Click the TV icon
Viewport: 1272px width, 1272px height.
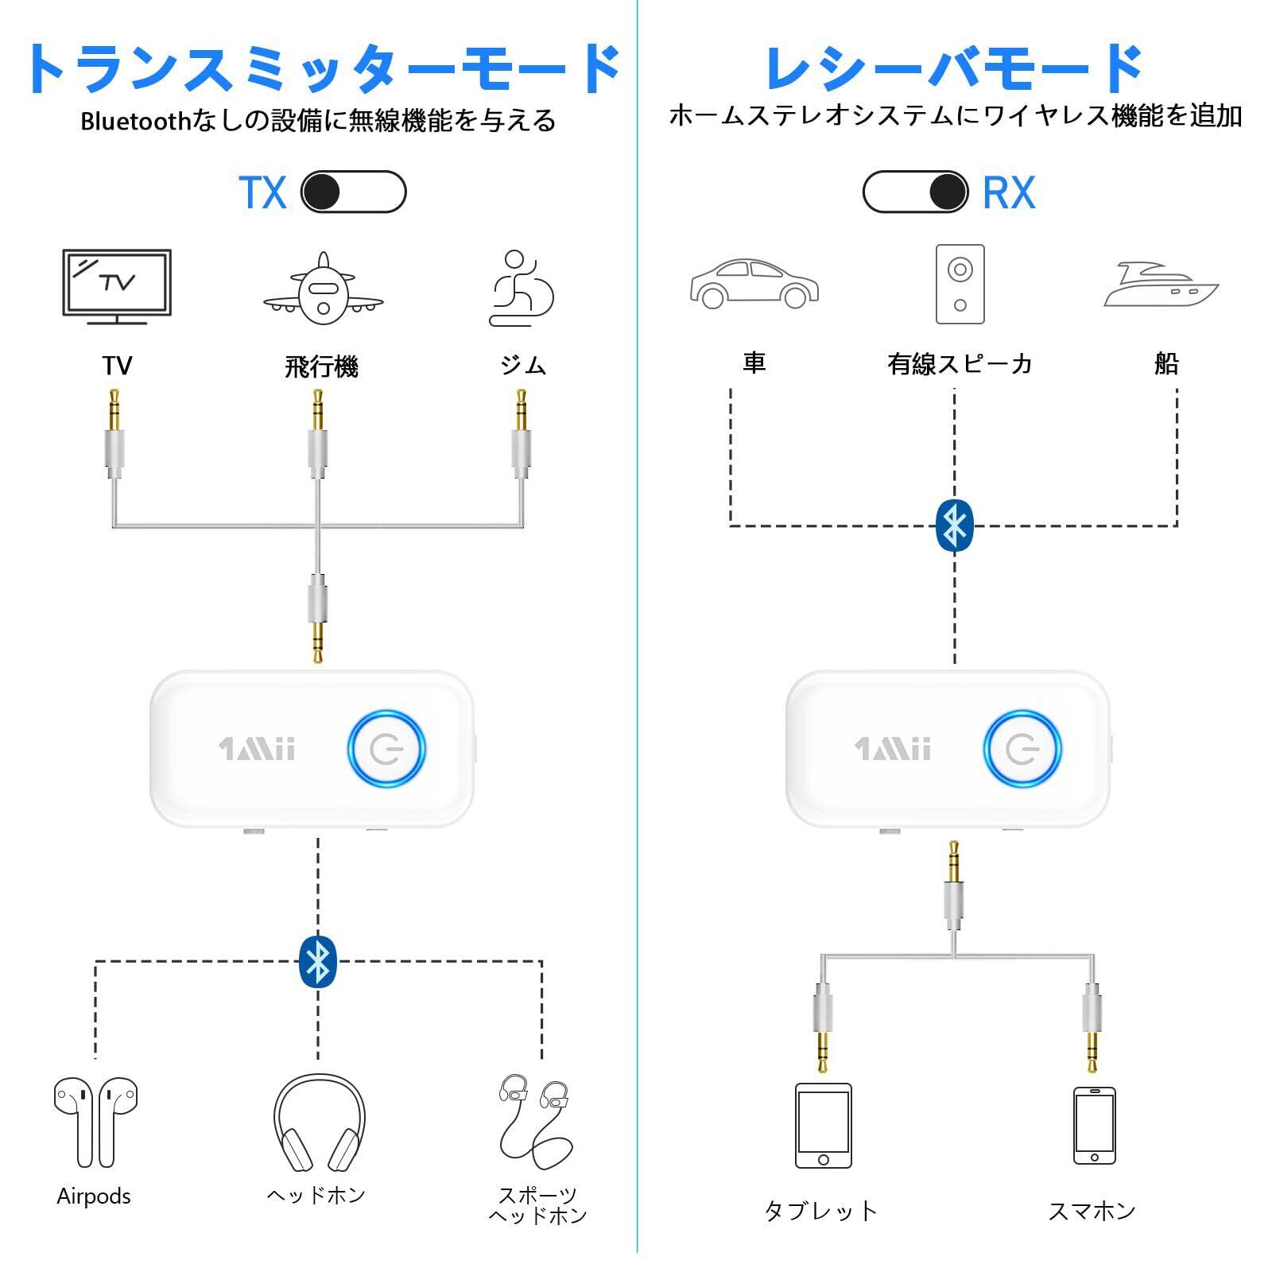click(117, 286)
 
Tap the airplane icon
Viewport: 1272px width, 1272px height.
click(323, 290)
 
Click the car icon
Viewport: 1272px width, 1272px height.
click(754, 284)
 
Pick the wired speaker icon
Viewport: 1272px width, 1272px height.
click(960, 284)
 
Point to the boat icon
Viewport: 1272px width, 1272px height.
click(1161, 285)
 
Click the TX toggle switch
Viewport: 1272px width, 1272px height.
click(353, 192)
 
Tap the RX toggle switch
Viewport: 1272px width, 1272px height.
click(915, 192)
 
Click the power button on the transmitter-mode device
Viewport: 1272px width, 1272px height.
click(386, 749)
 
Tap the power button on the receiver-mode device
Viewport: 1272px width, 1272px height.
click(1022, 749)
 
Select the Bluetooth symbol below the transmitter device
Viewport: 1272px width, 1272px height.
click(318, 961)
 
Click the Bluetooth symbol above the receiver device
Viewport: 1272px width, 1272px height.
click(954, 525)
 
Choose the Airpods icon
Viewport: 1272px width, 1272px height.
click(95, 1122)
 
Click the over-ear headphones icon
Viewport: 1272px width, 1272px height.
click(319, 1123)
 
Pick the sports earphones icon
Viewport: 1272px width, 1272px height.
click(535, 1120)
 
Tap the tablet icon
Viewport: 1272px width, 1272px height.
click(823, 1125)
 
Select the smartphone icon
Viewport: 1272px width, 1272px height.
click(1094, 1125)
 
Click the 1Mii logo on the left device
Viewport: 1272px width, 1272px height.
click(257, 749)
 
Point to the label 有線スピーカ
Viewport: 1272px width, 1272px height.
click(960, 364)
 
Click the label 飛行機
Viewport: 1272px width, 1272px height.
click(322, 366)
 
